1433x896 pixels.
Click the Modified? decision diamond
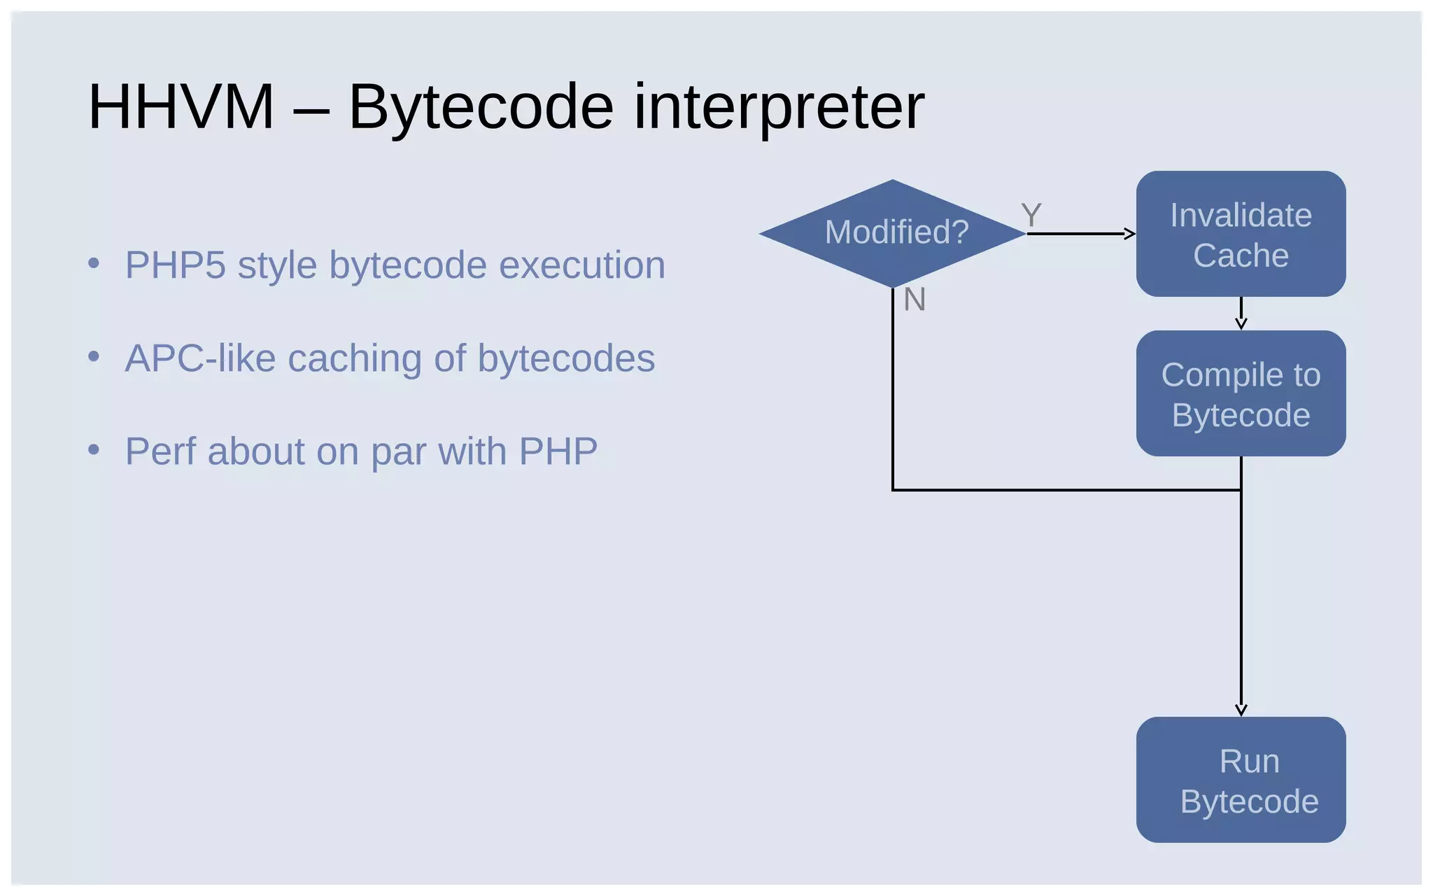(893, 233)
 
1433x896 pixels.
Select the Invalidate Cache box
(1241, 234)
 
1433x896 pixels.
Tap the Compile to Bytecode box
(1241, 393)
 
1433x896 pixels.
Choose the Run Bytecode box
(1241, 780)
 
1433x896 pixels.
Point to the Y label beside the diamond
(1031, 215)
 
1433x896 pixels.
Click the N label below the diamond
(915, 300)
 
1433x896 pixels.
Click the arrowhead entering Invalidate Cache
(1129, 234)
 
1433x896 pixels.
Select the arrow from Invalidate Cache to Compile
(1241, 314)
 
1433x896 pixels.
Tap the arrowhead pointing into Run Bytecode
(1241, 710)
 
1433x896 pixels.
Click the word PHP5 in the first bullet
(176, 265)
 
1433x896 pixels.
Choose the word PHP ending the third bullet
(558, 451)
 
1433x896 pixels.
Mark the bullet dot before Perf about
(94, 449)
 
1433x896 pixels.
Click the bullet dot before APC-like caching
(94, 356)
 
